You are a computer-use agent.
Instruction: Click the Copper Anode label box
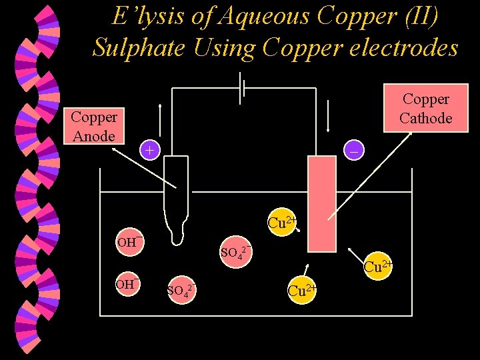coord(94,127)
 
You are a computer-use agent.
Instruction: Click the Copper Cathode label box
coord(425,109)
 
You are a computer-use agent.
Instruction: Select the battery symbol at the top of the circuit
coord(243,89)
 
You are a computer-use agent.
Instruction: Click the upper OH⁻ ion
coord(128,241)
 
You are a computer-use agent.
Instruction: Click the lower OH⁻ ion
coord(127,284)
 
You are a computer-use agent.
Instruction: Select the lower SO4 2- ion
coord(181,291)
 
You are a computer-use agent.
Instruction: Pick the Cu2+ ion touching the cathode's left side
coord(282,223)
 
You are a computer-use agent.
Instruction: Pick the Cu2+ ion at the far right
coord(377,267)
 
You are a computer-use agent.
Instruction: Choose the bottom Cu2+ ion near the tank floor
coord(301,291)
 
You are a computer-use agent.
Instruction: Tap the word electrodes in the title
coord(408,47)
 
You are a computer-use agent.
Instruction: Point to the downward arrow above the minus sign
coord(328,117)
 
